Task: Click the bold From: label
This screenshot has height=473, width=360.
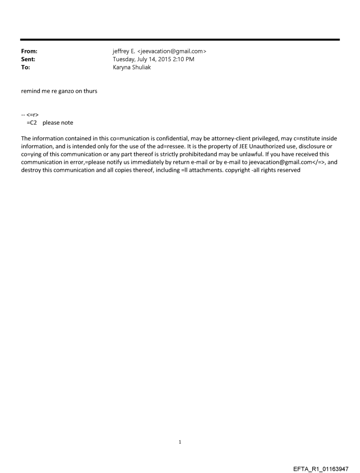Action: pos(29,51)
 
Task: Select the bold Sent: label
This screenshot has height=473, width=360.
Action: pos(28,59)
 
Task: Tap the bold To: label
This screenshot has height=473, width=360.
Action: pos(26,67)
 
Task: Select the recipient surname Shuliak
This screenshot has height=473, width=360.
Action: pos(140,67)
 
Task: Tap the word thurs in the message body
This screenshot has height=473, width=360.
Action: pos(90,91)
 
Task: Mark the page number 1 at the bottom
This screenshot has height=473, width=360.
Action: pos(180,442)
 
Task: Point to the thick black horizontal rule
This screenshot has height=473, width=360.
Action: pos(180,40)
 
